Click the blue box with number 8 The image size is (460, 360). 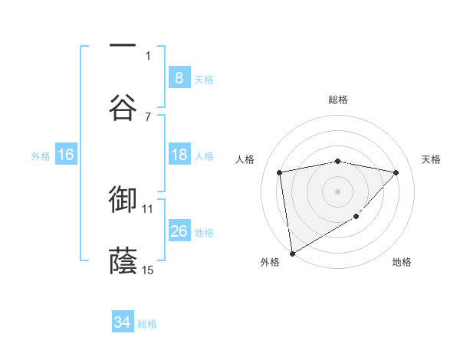(179, 77)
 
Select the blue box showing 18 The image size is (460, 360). (179, 155)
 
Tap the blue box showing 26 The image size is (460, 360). (179, 231)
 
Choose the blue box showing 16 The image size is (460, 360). (66, 155)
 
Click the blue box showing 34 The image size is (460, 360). (122, 322)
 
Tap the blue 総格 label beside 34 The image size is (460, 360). (147, 324)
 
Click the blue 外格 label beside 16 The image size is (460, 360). (41, 155)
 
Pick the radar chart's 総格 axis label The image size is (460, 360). (338, 100)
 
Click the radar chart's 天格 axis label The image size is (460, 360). (432, 159)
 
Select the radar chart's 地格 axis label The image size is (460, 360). (402, 262)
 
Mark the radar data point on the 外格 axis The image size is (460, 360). (292, 253)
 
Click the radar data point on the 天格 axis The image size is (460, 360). (396, 172)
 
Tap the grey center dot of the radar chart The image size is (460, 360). (338, 191)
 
